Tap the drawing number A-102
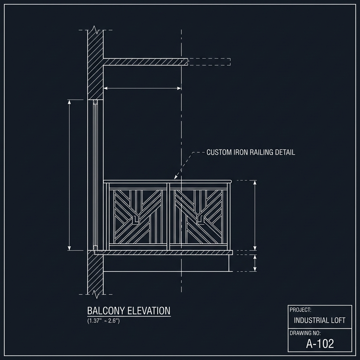320,343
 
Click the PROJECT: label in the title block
301,310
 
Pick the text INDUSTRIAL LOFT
320,320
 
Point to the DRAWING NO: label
305,333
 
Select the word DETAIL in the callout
285,152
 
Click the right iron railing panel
199,217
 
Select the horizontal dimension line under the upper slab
142,89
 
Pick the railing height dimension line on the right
255,215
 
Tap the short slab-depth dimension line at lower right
255,263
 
